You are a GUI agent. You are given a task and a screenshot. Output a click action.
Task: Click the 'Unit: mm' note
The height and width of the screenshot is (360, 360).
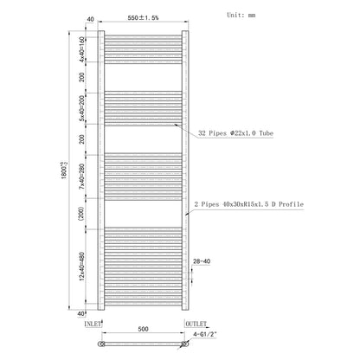point(241,15)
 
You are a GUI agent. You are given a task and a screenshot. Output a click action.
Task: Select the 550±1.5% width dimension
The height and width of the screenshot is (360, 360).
point(143,17)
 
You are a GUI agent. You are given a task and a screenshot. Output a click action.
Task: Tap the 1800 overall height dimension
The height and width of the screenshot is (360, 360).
point(64,170)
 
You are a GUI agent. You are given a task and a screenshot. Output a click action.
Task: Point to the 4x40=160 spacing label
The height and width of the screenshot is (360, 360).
point(82,49)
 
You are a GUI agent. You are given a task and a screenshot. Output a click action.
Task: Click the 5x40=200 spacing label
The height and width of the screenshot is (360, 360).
point(82,108)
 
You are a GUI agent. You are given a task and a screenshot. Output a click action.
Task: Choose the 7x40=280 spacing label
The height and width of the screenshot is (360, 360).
point(82,177)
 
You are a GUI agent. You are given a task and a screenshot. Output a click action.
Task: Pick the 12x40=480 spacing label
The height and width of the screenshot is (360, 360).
point(82,267)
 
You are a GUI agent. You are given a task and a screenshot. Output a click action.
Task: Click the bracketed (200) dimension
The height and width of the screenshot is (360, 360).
point(81,214)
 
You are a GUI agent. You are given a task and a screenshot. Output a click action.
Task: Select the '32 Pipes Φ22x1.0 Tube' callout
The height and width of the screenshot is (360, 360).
point(235,133)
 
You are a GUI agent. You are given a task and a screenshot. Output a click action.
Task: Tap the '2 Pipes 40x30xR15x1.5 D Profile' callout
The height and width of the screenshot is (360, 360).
point(249,204)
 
